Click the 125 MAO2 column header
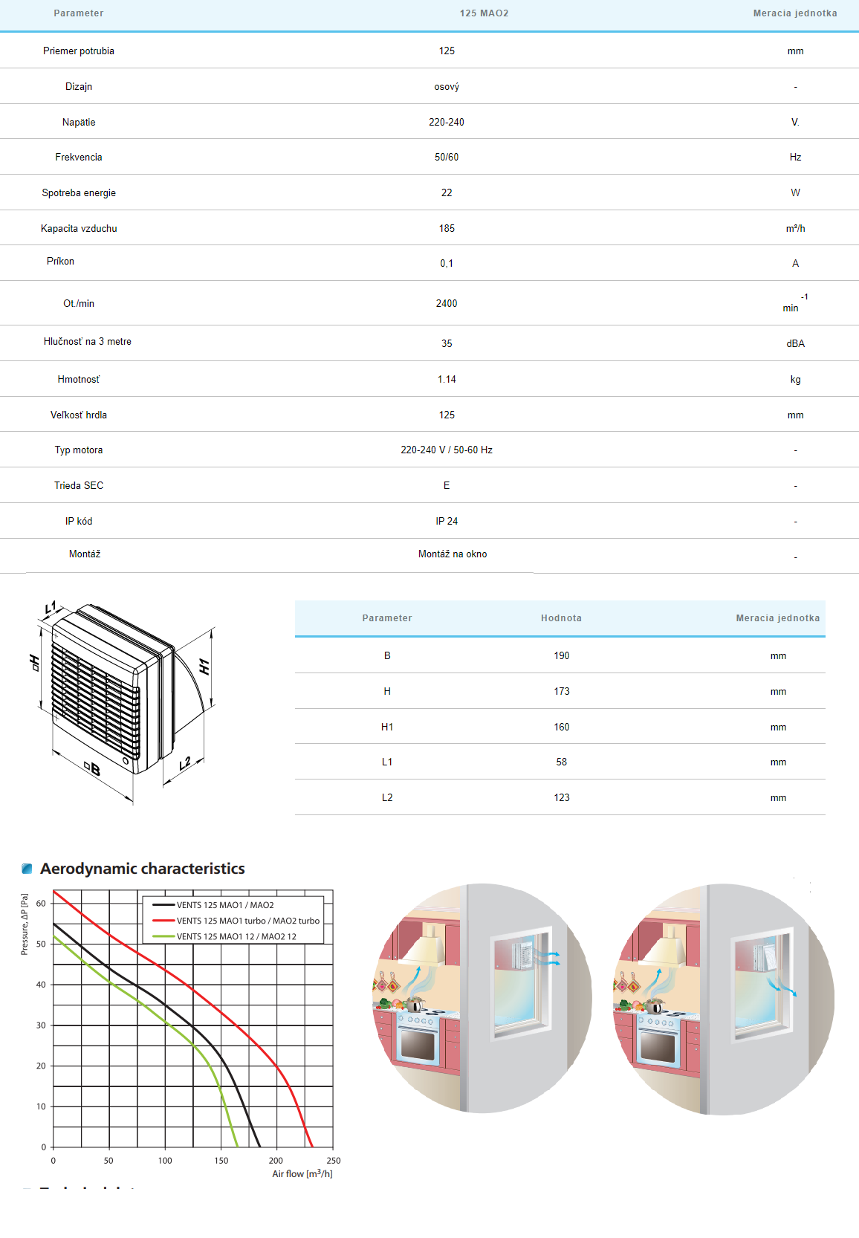(484, 13)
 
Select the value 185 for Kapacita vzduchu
(447, 228)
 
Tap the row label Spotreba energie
(79, 192)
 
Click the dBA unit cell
(795, 343)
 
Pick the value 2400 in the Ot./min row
(447, 303)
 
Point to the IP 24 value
(447, 521)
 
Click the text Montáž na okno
(453, 554)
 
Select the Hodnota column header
(561, 618)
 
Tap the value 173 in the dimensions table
(561, 691)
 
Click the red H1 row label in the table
(387, 727)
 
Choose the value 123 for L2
(561, 797)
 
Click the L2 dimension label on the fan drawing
(185, 763)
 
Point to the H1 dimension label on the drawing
(204, 667)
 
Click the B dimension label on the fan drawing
(93, 769)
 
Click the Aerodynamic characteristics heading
(142, 869)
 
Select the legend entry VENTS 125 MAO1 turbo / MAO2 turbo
(247, 921)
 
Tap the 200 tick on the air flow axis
(276, 1161)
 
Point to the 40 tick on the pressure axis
(41, 985)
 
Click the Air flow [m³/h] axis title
(302, 1174)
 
